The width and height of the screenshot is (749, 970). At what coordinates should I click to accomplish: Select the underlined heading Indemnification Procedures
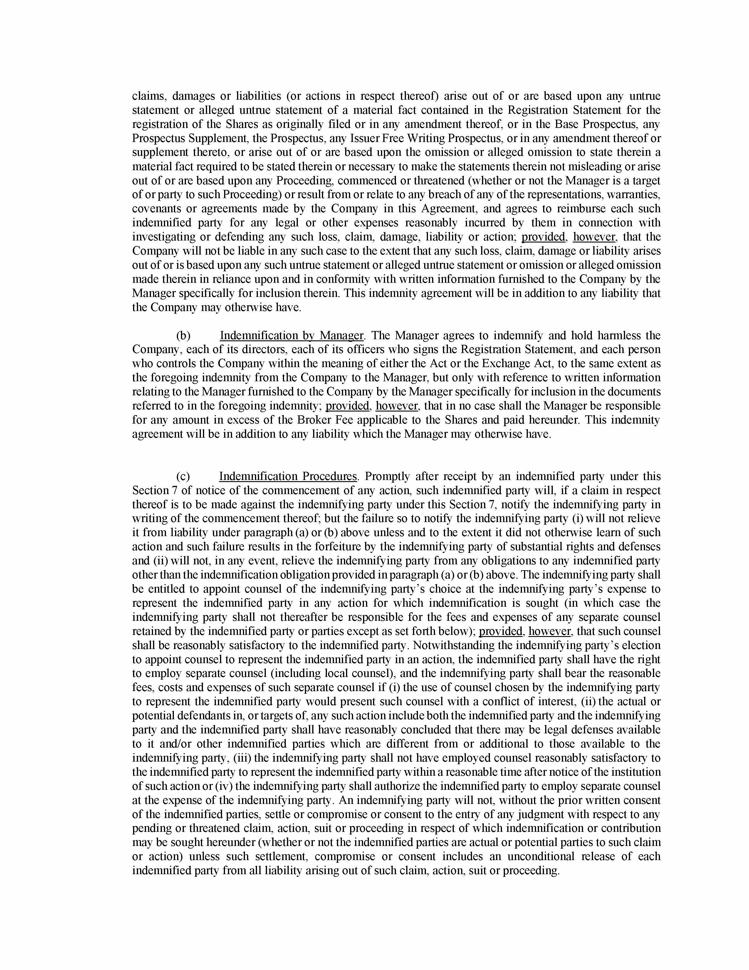[288, 476]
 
